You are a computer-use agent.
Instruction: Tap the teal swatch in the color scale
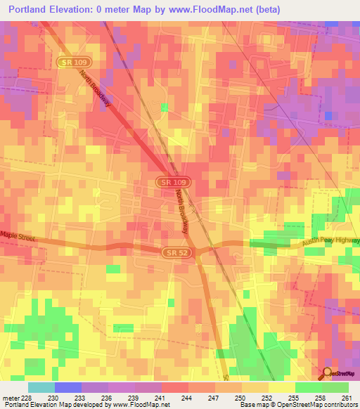tap(41, 387)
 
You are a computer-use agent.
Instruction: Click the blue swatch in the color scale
tap(67, 387)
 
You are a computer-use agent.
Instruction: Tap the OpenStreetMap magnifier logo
tap(327, 373)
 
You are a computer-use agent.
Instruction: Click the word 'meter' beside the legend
tap(10, 398)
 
